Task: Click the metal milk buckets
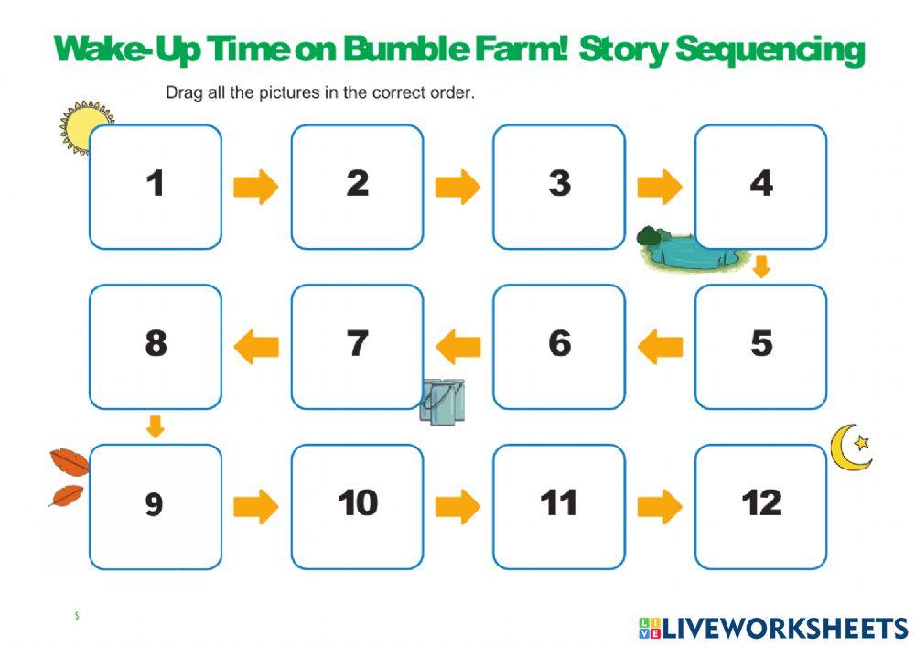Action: [x=443, y=402]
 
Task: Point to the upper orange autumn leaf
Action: [x=70, y=463]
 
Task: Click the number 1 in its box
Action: [x=156, y=184]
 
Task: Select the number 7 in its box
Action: [x=357, y=344]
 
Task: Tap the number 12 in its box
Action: [x=761, y=503]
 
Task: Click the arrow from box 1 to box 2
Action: [x=256, y=188]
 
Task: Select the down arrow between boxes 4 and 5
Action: [x=761, y=267]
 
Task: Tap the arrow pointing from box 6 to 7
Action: [x=457, y=347]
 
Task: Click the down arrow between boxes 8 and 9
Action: [x=156, y=426]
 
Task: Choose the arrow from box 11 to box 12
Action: [x=660, y=506]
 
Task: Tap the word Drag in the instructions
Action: [x=182, y=92]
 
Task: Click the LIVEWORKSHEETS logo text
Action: [x=784, y=628]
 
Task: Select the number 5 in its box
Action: [x=761, y=344]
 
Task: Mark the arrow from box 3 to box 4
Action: [x=660, y=188]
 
